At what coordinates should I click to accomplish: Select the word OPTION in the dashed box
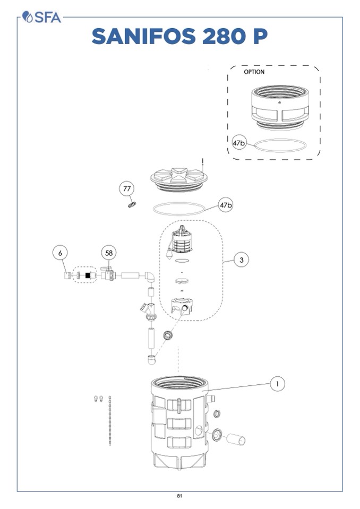254,72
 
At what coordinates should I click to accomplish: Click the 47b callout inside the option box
239,143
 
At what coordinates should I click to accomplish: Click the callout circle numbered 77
126,188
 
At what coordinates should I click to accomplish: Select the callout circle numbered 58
109,253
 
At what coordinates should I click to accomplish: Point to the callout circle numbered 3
242,260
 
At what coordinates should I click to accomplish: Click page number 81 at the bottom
179,496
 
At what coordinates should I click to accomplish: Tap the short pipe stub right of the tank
235,439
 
